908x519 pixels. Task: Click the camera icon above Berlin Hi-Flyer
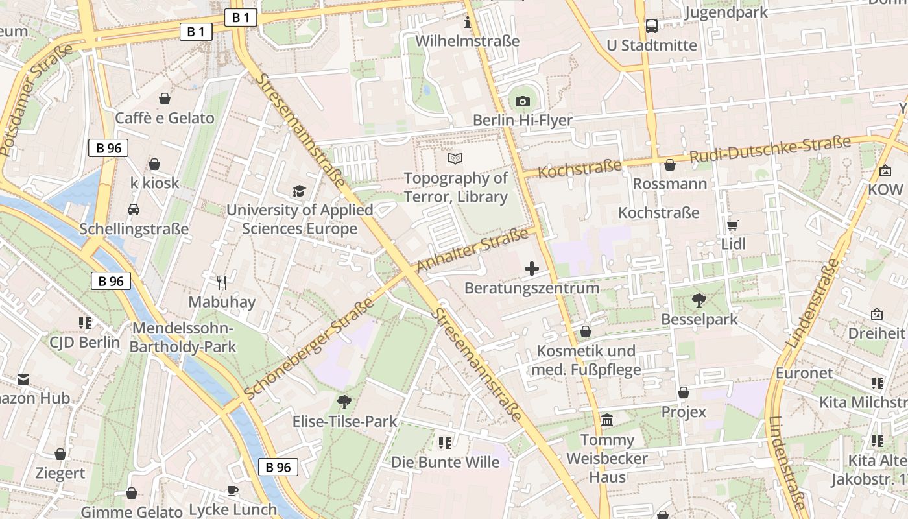523,101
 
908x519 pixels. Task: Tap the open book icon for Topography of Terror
455,158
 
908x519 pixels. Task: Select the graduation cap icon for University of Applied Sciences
299,191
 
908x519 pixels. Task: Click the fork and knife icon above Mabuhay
222,282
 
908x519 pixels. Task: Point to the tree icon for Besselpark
699,300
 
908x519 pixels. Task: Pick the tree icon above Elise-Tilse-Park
344,402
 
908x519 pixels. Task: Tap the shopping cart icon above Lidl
733,225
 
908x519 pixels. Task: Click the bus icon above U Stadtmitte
652,26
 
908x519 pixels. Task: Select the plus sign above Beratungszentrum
532,268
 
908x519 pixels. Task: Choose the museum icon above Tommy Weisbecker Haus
607,420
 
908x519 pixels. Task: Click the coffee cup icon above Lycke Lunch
233,490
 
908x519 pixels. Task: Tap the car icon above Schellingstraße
134,210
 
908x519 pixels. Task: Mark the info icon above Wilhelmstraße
468,23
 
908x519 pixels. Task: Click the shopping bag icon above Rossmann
670,165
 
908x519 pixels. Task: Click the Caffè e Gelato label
164,118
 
